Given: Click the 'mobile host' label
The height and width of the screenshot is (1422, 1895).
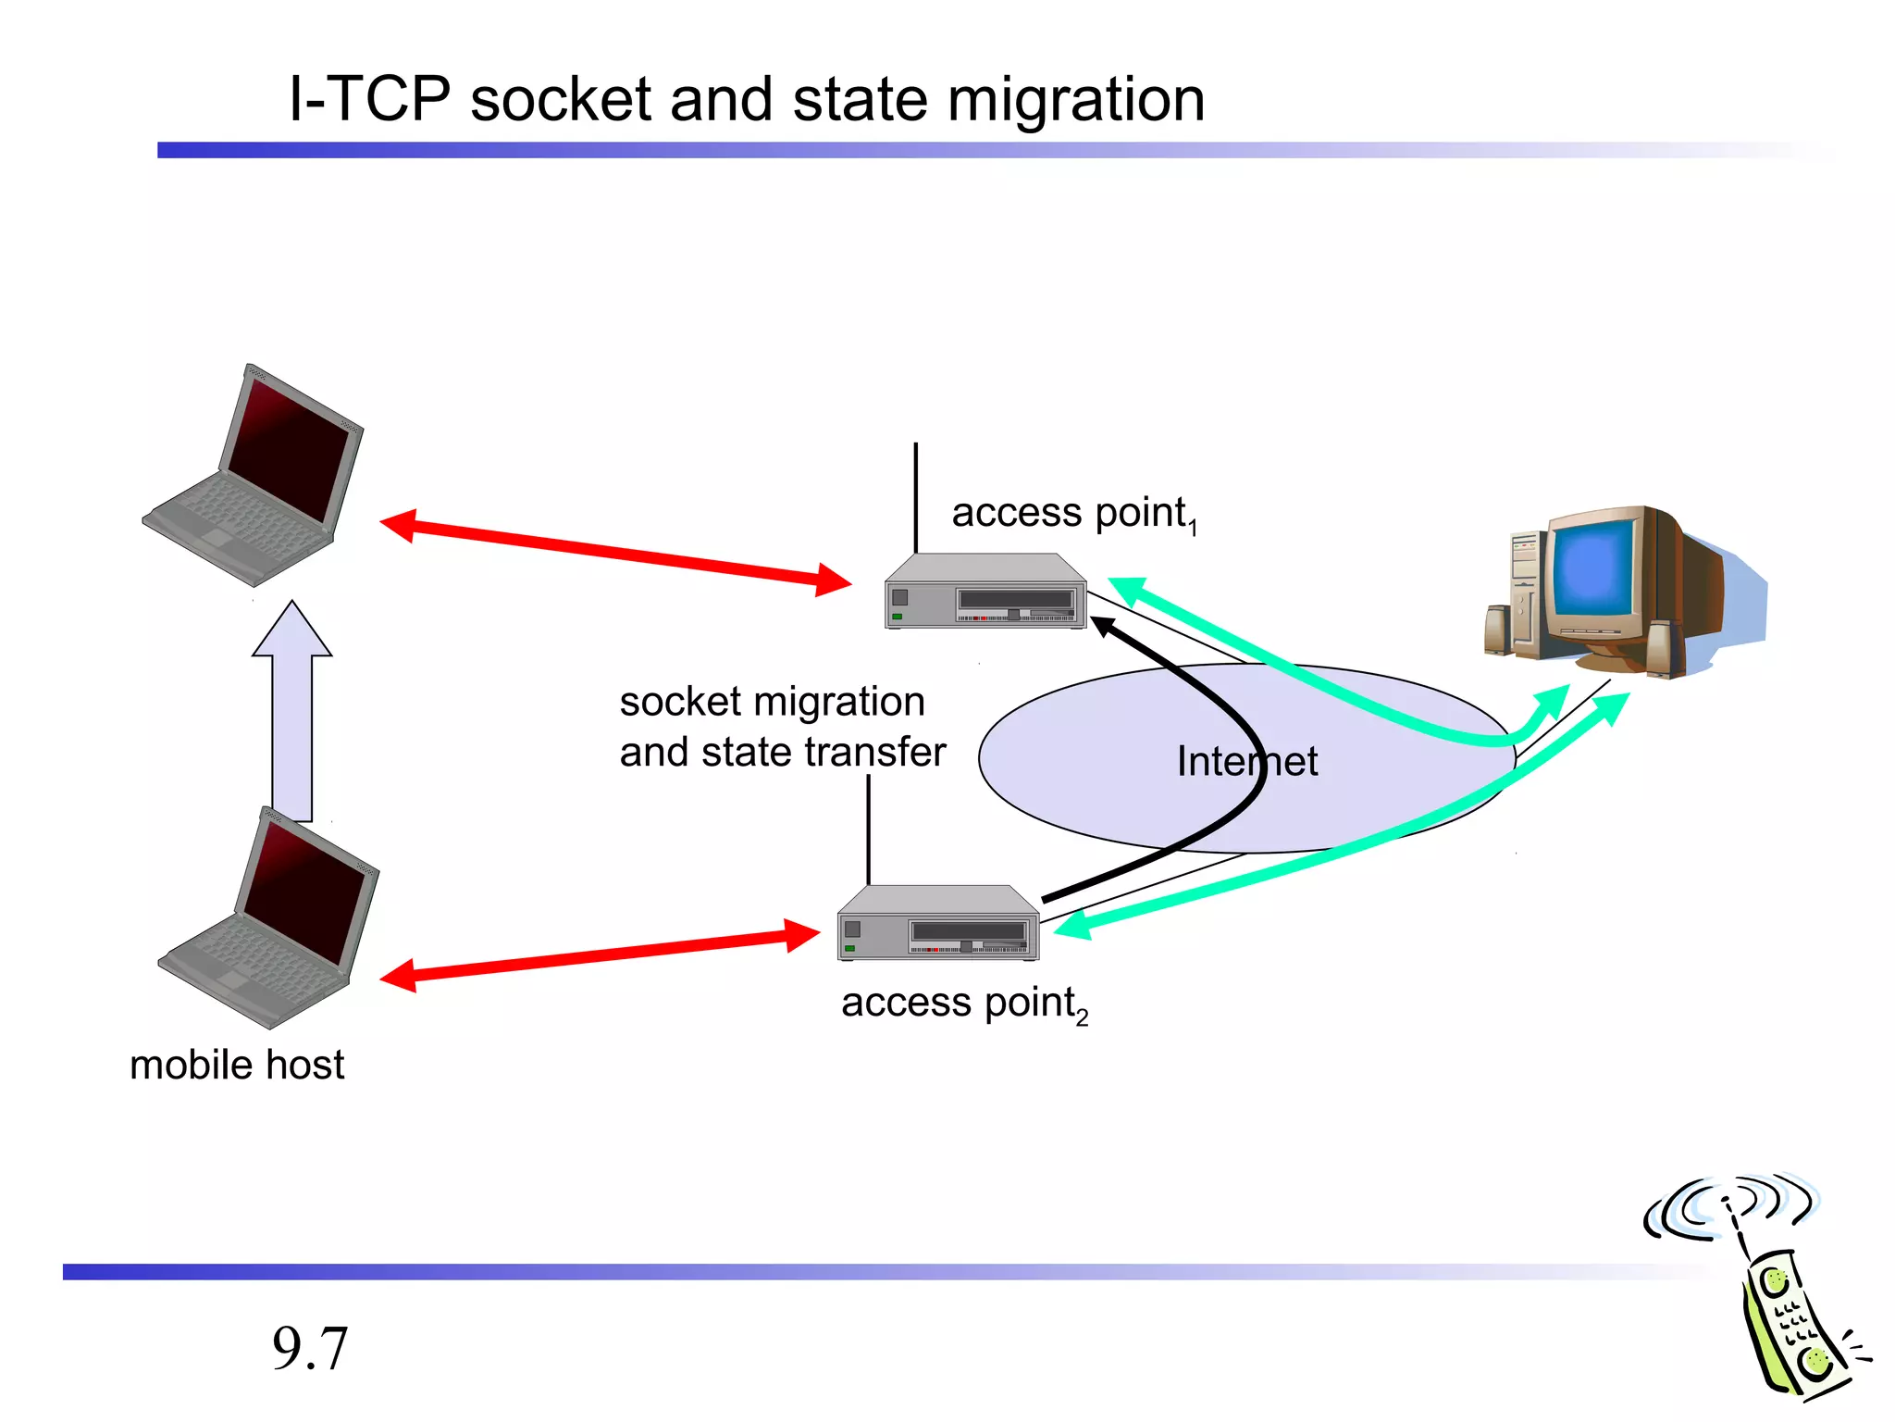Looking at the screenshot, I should click(237, 1065).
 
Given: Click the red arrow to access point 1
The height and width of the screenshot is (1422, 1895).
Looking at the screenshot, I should click(615, 553).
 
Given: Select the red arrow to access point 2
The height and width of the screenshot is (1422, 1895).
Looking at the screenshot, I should click(601, 955).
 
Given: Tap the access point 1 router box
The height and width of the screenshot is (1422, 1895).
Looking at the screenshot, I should click(985, 593).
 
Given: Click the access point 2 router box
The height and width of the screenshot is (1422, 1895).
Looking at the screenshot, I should click(937, 924).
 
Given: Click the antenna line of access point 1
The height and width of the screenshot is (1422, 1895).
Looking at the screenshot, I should click(916, 496).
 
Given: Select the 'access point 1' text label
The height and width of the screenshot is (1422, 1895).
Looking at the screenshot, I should click(1073, 514).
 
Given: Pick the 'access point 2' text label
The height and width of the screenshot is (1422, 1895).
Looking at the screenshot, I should click(963, 1004).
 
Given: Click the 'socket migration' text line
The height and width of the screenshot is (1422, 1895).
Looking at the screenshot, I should click(772, 702).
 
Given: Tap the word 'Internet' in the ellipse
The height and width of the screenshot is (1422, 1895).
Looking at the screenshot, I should click(1246, 762).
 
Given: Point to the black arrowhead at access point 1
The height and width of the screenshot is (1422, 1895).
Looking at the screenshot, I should click(1104, 627).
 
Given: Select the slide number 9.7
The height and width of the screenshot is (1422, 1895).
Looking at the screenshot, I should click(310, 1348).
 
